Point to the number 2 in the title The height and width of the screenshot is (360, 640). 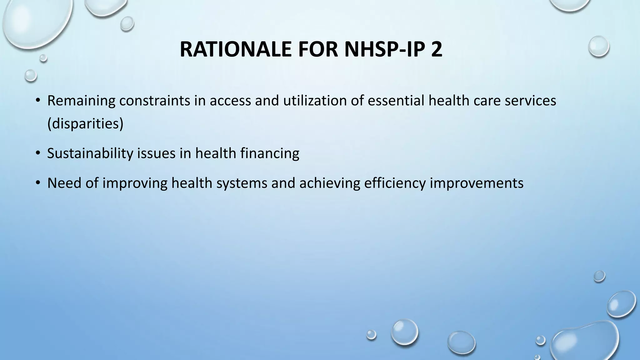pyautogui.click(x=437, y=49)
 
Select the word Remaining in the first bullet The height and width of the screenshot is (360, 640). pyautogui.click(x=81, y=101)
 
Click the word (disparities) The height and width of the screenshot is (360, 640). pyautogui.click(x=85, y=123)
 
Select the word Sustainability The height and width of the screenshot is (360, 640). pyautogui.click(x=90, y=153)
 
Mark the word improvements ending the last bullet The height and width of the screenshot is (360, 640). pyautogui.click(x=477, y=183)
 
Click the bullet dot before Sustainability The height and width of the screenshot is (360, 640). pyautogui.click(x=38, y=153)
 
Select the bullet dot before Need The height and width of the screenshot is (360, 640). pyautogui.click(x=38, y=183)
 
